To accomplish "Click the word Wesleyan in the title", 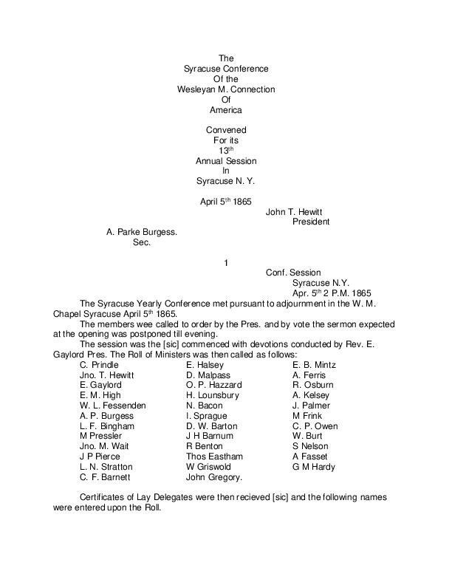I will point(195,89).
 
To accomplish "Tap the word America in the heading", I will point(226,110).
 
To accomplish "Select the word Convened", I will point(226,131).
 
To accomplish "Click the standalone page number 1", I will point(226,262).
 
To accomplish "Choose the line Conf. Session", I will point(293,273).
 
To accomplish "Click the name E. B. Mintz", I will point(315,365).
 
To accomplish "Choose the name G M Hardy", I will point(314,467).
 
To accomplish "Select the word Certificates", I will point(103,497).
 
